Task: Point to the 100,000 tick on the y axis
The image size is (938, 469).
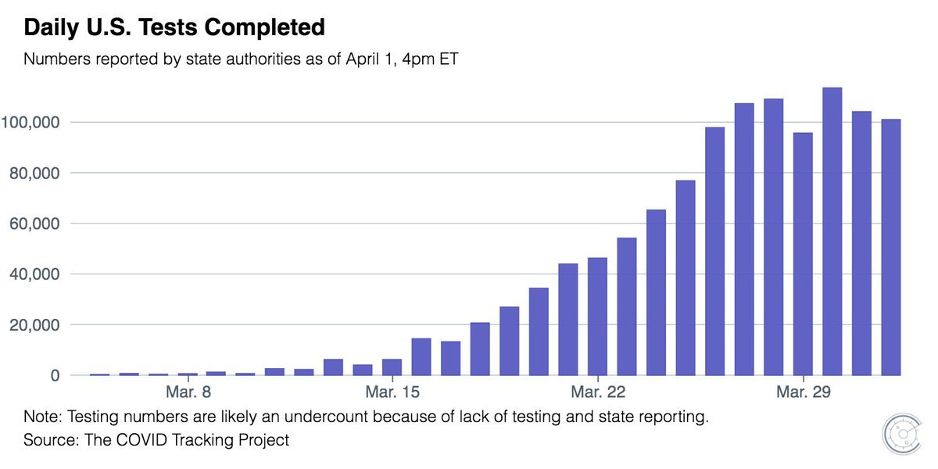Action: pyautogui.click(x=31, y=122)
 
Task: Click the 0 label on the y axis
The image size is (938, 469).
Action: pyautogui.click(x=54, y=376)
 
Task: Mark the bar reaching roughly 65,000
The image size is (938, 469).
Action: pyautogui.click(x=657, y=292)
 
